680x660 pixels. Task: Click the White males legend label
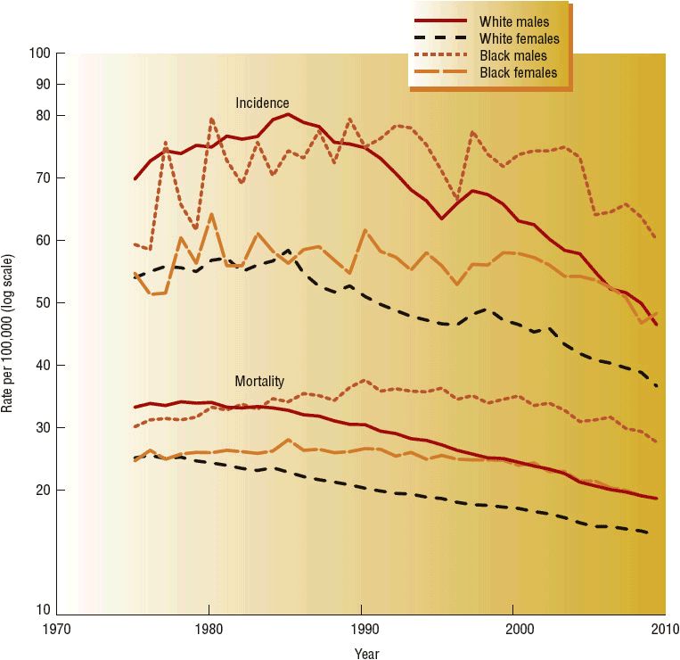click(513, 21)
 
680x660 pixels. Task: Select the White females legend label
click(519, 38)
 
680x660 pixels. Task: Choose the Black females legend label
click(518, 72)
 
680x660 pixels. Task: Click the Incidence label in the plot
click(262, 103)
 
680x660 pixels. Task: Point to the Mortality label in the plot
click(259, 381)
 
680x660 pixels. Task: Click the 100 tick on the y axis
click(40, 54)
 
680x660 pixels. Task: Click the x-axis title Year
click(366, 653)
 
